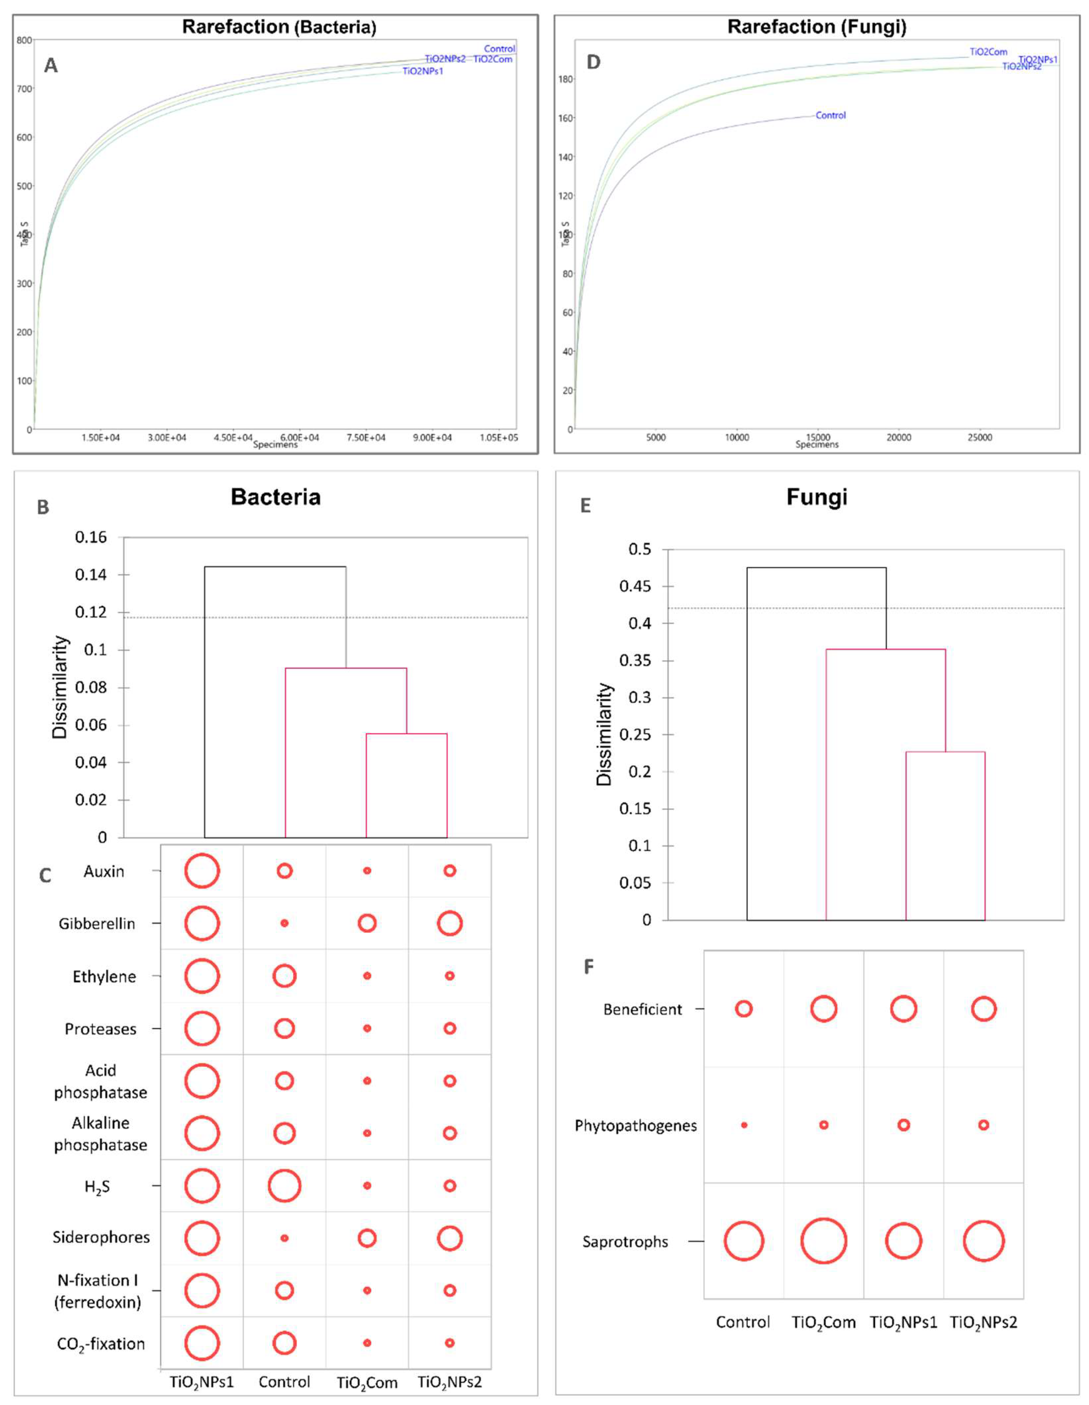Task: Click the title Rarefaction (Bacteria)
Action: pyautogui.click(x=279, y=27)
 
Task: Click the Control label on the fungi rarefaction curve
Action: pyautogui.click(x=830, y=115)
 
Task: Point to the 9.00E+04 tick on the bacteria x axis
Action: pyautogui.click(x=432, y=437)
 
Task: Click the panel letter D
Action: pyautogui.click(x=593, y=62)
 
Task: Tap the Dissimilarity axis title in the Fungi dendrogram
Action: pyautogui.click(x=604, y=734)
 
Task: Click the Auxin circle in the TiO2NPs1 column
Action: pyautogui.click(x=202, y=871)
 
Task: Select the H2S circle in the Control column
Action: pyautogui.click(x=284, y=1186)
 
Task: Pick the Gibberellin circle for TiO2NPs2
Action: pyautogui.click(x=449, y=924)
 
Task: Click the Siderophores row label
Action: pyautogui.click(x=101, y=1237)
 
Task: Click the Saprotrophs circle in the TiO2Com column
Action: pyautogui.click(x=823, y=1241)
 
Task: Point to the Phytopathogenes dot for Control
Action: pyautogui.click(x=744, y=1125)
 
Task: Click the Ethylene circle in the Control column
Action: pyautogui.click(x=284, y=976)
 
